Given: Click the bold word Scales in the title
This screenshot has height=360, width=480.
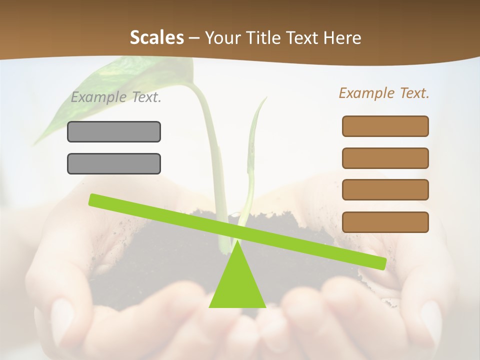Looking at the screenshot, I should (156, 37).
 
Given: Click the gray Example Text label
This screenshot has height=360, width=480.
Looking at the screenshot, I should (116, 97).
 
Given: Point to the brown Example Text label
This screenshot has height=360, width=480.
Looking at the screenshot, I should (384, 93).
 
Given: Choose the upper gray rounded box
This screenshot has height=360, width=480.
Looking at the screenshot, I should (114, 131).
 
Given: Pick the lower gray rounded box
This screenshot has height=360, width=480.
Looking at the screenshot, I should (114, 163).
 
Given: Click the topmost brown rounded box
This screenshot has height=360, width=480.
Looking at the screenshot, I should (385, 126).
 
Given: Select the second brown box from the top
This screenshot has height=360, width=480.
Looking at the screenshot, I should (385, 158).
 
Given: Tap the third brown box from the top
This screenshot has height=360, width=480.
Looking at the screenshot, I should (385, 190).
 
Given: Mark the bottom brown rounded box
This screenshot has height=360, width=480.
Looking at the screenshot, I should (385, 222).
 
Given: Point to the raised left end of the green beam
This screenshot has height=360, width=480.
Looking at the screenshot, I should (95, 200).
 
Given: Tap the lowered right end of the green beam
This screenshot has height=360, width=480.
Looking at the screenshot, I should (380, 263).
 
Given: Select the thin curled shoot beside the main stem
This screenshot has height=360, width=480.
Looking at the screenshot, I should (252, 150).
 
